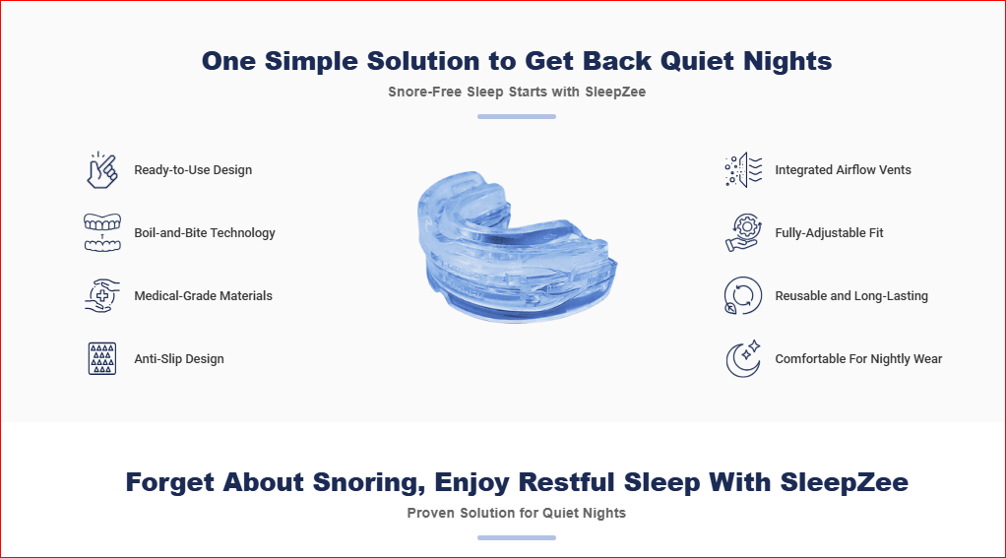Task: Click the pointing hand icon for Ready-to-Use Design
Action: [x=102, y=170]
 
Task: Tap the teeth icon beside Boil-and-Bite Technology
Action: [x=102, y=232]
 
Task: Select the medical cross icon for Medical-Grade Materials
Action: [x=102, y=295]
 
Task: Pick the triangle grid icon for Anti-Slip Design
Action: [x=102, y=358]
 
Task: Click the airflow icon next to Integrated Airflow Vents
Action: [x=743, y=170]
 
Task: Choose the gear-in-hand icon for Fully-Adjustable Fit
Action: [x=743, y=232]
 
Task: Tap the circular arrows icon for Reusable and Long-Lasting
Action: [x=743, y=295]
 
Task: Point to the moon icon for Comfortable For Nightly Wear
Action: [x=743, y=358]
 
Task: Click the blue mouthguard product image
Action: [x=517, y=247]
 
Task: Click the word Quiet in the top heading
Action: [x=697, y=61]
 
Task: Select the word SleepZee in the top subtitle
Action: [x=615, y=92]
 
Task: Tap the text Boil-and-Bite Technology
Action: [x=205, y=233]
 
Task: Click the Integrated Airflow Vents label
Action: [x=843, y=170]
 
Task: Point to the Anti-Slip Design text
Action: [x=179, y=359]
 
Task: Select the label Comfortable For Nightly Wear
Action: [x=858, y=359]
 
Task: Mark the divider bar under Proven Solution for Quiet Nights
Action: [x=517, y=538]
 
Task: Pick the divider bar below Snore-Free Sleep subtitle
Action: [x=517, y=117]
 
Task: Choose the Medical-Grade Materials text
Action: [x=204, y=295]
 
